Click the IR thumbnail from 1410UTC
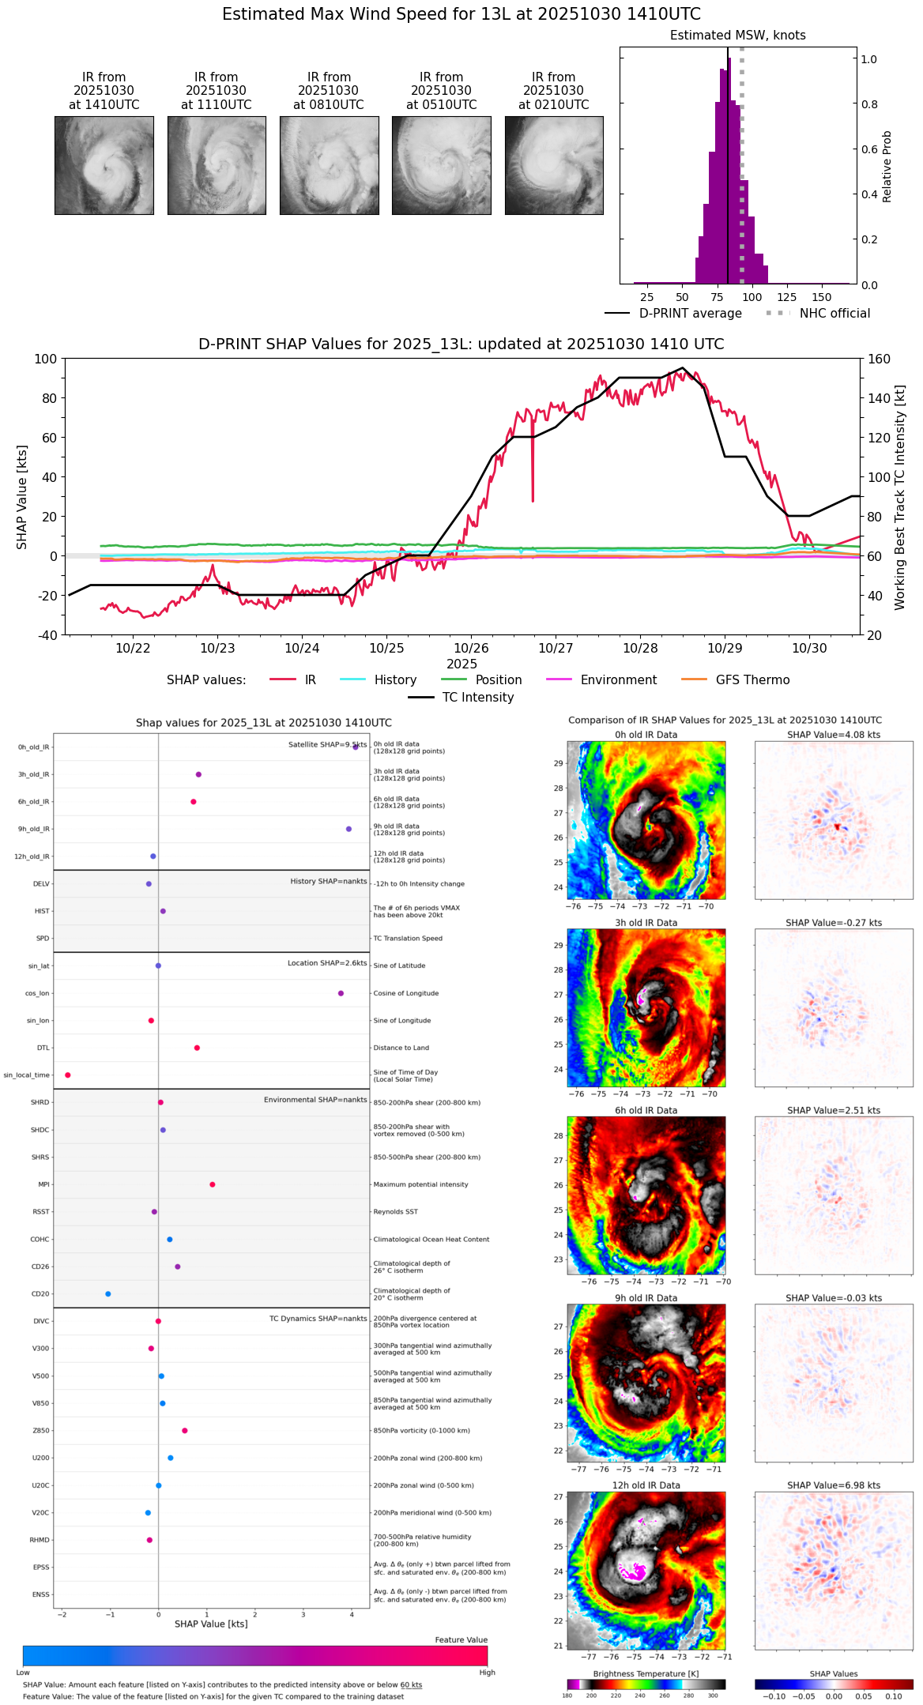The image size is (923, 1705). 104,165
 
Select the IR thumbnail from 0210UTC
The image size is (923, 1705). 554,165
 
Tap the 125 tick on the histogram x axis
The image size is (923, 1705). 787,297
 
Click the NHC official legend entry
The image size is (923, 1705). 834,314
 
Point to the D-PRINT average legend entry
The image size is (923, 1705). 690,314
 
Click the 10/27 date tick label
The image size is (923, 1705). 556,649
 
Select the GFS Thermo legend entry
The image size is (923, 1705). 752,680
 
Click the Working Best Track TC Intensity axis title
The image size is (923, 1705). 900,498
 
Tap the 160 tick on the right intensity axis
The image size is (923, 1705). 880,359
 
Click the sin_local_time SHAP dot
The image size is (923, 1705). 68,1075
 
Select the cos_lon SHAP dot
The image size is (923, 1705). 341,993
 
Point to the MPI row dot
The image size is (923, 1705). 213,1184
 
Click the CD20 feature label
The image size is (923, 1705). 40,1294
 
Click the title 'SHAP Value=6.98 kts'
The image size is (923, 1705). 834,1485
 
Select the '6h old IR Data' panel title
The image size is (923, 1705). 646,1110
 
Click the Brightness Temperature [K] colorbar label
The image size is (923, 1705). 646,1673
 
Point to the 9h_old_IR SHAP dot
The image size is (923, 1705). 348,829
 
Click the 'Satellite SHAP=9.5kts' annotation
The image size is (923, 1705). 327,744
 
